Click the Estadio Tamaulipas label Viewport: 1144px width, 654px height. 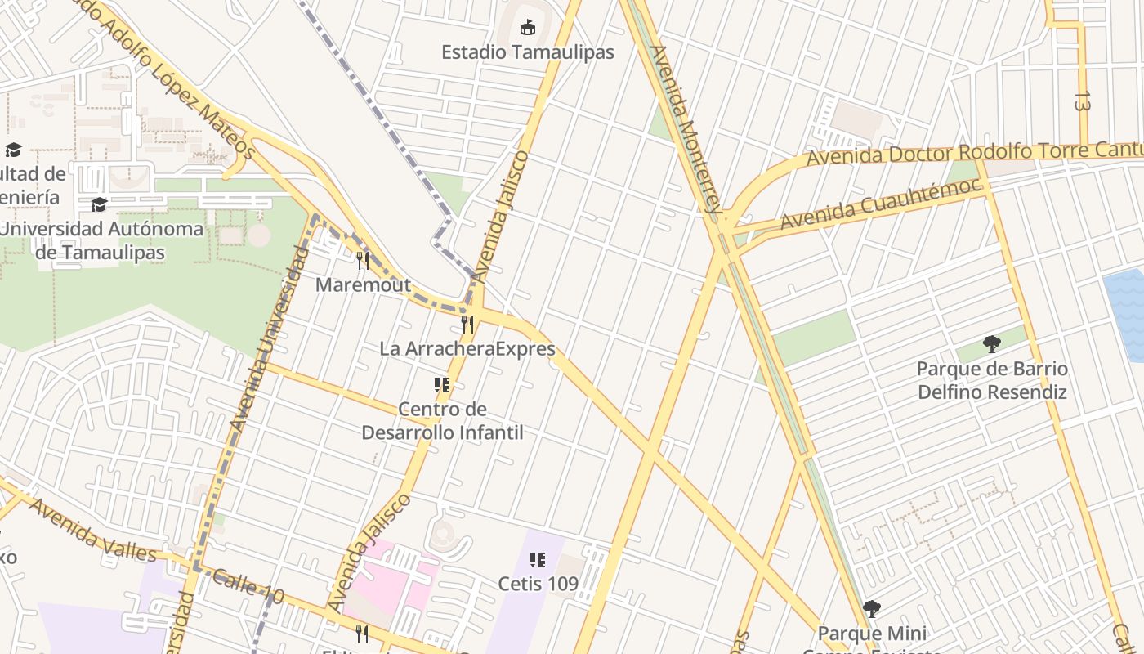pyautogui.click(x=527, y=52)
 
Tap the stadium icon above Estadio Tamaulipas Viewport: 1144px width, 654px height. pyautogui.click(x=528, y=27)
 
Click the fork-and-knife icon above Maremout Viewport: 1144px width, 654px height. pyautogui.click(x=363, y=261)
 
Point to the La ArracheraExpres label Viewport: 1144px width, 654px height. pyautogui.click(x=467, y=349)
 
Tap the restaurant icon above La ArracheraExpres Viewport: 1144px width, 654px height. pyautogui.click(x=467, y=324)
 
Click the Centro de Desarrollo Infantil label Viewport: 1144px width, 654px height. pyautogui.click(x=442, y=420)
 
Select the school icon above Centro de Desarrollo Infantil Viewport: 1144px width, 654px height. pyautogui.click(x=442, y=384)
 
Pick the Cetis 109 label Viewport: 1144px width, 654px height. pyautogui.click(x=538, y=584)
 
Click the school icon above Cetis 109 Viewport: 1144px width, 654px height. pyautogui.click(x=538, y=560)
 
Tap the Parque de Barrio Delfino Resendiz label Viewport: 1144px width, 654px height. pyautogui.click(x=992, y=380)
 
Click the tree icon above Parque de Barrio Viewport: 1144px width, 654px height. pyautogui.click(x=992, y=343)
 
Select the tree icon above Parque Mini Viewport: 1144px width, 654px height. pyautogui.click(x=872, y=609)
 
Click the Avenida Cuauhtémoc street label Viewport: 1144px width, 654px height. pyautogui.click(x=879, y=204)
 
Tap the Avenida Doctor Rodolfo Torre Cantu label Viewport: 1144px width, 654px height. pyautogui.click(x=972, y=153)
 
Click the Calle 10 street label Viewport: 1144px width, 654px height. pyautogui.click(x=248, y=588)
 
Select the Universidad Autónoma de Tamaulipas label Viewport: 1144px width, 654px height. pyautogui.click(x=101, y=240)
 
